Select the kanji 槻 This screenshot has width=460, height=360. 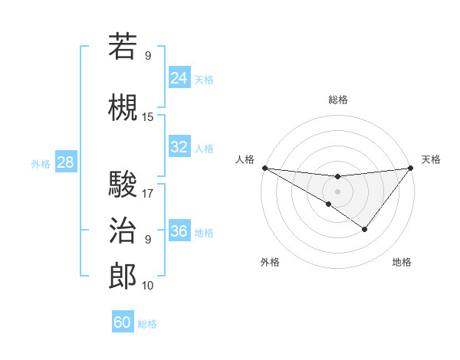[x=123, y=108]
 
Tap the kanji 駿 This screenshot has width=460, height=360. [x=123, y=185]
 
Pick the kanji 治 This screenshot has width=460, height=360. [x=123, y=230]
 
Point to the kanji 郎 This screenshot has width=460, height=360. [x=123, y=276]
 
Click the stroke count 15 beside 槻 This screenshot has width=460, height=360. [x=148, y=117]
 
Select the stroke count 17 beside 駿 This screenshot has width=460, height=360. [x=148, y=194]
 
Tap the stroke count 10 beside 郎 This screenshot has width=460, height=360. [x=148, y=286]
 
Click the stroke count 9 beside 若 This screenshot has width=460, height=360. [x=148, y=55]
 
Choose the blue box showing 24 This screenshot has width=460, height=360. [x=179, y=77]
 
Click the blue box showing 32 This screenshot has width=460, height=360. [x=179, y=147]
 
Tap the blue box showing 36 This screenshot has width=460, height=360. [x=179, y=231]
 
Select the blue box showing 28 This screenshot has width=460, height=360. [x=65, y=162]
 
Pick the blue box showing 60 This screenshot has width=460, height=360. [x=123, y=322]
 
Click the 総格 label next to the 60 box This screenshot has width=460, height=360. [x=147, y=324]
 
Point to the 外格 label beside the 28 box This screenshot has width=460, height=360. [x=41, y=163]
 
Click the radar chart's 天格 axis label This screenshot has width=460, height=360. [x=431, y=159]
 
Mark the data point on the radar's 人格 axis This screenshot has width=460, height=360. [x=264, y=168]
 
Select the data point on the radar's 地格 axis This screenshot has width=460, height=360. [x=365, y=229]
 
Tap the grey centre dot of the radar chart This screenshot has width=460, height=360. [x=337, y=190]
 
